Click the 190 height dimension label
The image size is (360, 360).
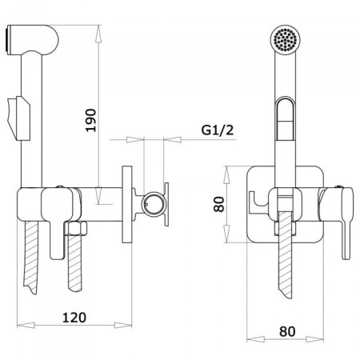coord(91,120)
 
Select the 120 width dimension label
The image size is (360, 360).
coord(74,318)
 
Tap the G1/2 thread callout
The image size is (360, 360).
coord(218,130)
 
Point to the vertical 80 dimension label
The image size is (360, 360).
coord(219,204)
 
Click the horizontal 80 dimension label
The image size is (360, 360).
coord(287,331)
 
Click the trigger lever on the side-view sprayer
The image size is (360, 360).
coord(18,118)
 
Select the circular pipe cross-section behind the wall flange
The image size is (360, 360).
coord(152,204)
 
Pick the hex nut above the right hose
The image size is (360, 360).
coord(76,228)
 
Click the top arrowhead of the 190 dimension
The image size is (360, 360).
coord(98,34)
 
